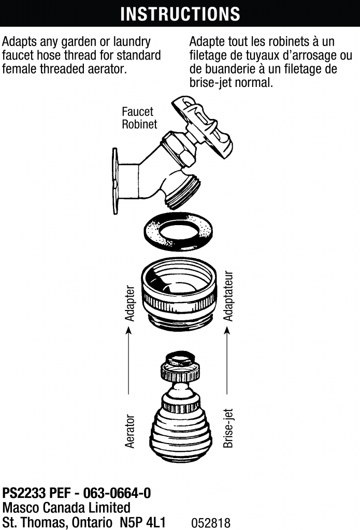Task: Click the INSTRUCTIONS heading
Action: pyautogui.click(x=180, y=14)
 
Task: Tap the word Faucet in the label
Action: pyautogui.click(x=137, y=111)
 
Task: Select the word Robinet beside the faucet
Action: pyautogui.click(x=139, y=124)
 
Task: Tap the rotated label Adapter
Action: pyautogui.click(x=130, y=303)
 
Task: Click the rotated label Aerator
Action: pyautogui.click(x=130, y=431)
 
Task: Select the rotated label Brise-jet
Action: pyautogui.click(x=228, y=428)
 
